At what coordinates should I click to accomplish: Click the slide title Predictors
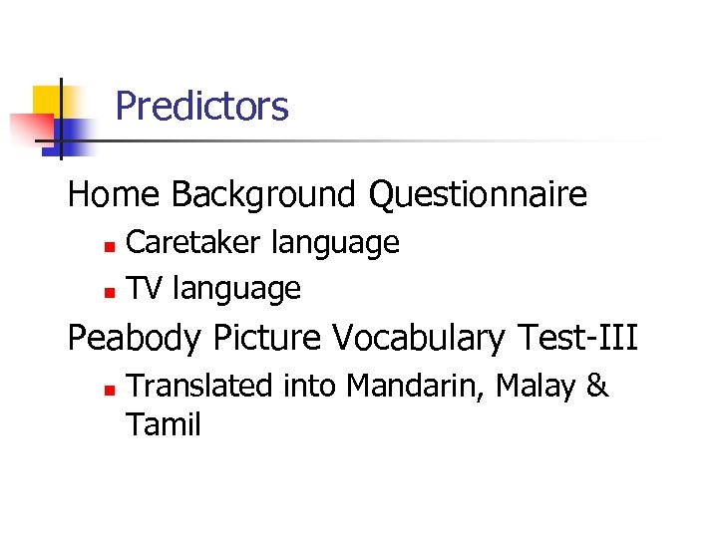click(201, 106)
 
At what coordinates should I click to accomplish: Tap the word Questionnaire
click(478, 194)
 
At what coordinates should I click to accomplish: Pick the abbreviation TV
click(146, 289)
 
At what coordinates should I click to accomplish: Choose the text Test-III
click(578, 338)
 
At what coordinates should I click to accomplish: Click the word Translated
click(199, 385)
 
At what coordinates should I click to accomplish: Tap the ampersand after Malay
click(597, 385)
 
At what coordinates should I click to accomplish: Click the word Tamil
click(164, 425)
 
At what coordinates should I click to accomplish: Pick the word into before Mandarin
click(307, 385)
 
